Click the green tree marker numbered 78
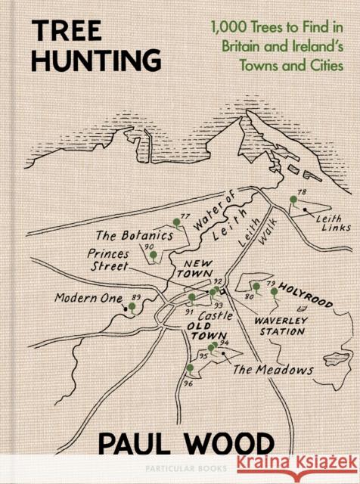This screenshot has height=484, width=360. click(293, 200)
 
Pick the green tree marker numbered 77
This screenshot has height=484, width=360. click(177, 222)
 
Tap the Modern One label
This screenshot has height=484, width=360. click(88, 298)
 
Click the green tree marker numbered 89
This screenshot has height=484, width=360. click(132, 306)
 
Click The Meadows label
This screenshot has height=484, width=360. click(272, 370)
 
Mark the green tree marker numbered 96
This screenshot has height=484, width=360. click(190, 368)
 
